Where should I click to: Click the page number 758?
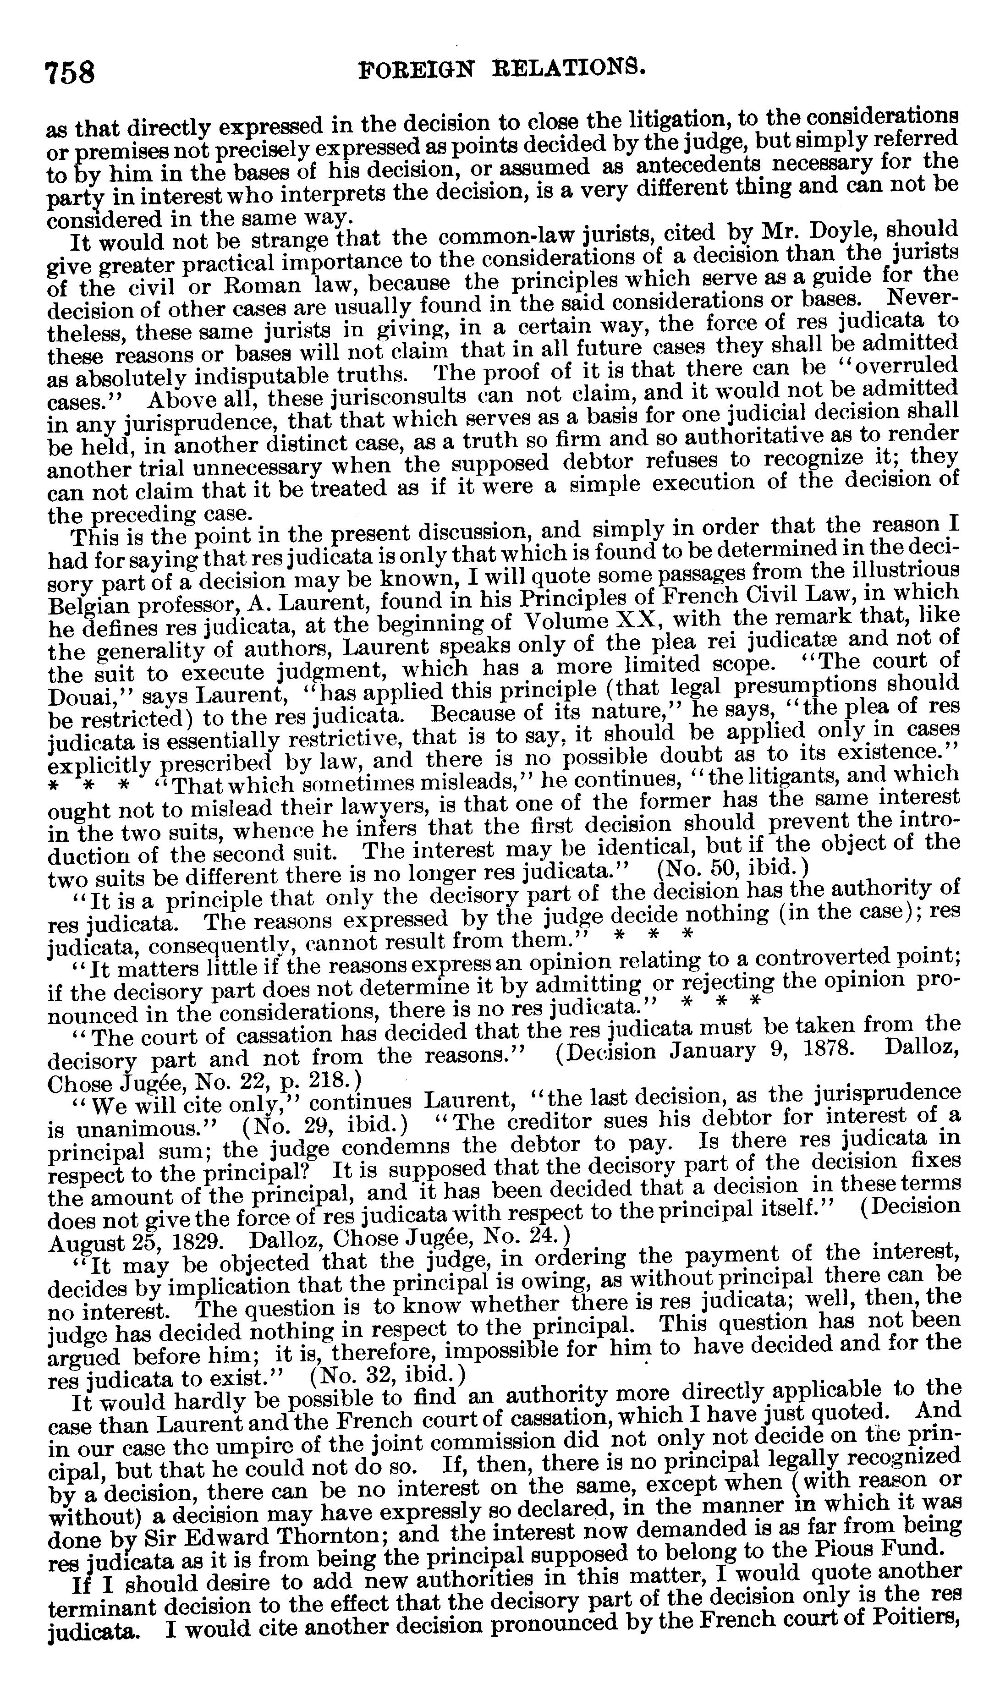(x=69, y=71)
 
